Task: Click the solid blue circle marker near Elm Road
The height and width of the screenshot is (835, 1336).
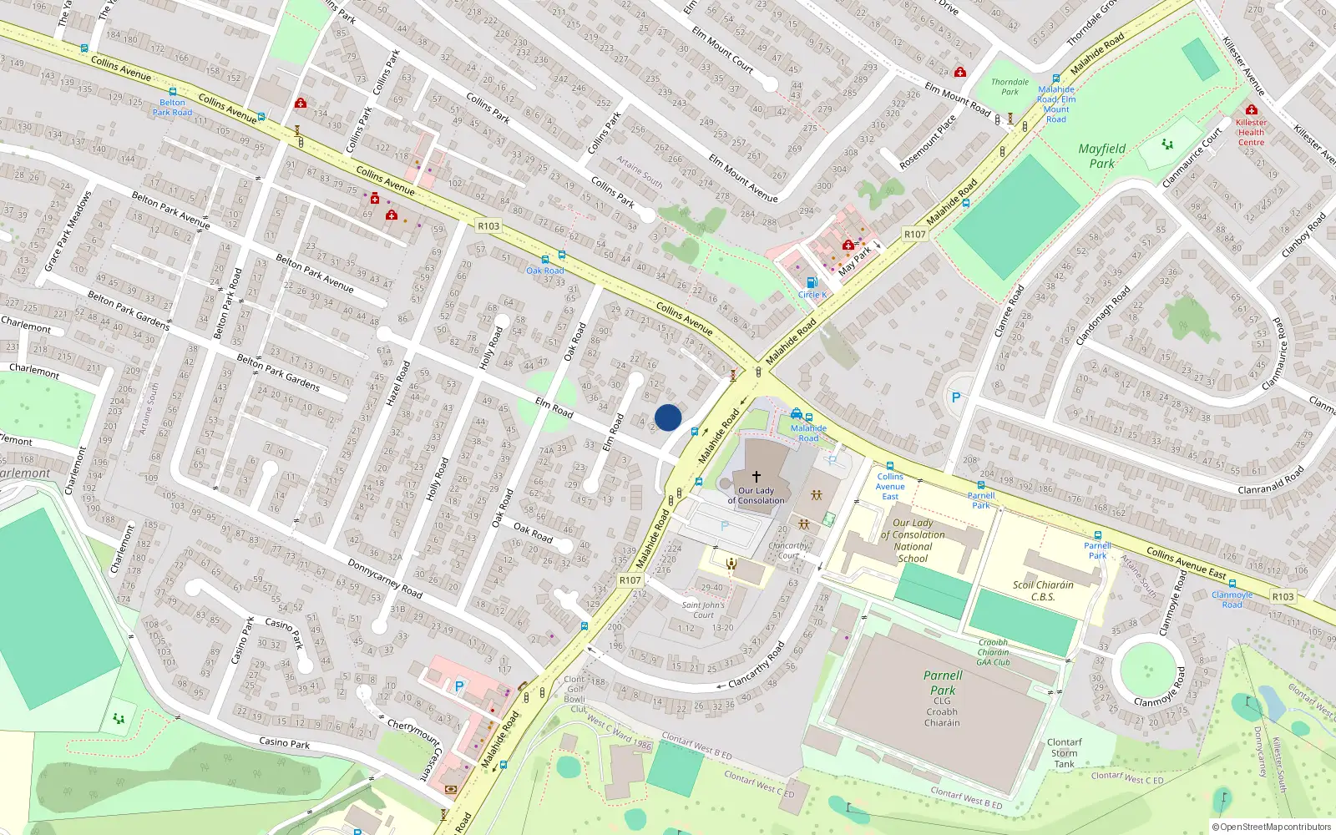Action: click(668, 417)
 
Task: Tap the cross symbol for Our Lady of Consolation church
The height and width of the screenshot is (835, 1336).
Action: click(757, 477)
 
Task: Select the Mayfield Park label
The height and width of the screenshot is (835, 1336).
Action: click(1102, 156)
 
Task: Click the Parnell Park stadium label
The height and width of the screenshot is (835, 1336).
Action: click(943, 683)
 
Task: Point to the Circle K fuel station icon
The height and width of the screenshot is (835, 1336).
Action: click(811, 282)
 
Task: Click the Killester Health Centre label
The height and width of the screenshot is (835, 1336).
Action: click(1251, 132)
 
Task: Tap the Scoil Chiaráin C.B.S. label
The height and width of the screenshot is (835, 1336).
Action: click(1043, 590)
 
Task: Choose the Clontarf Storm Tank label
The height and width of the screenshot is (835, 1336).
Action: click(1065, 752)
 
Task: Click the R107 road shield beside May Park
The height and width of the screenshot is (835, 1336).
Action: click(915, 235)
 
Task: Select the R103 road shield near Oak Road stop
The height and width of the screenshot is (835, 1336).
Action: click(488, 226)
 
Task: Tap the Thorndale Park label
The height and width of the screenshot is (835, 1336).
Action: click(1010, 87)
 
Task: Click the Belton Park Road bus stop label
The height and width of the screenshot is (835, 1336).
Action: click(172, 108)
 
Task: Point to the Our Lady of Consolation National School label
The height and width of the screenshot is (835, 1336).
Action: click(913, 540)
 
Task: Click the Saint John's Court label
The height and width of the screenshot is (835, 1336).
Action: click(703, 610)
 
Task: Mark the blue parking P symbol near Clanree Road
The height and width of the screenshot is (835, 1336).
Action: click(956, 398)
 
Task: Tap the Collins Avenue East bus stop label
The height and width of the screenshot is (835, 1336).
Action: click(890, 486)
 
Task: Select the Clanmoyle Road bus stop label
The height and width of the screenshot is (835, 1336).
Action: click(1232, 600)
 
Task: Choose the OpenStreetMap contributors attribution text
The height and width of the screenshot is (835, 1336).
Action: click(1273, 827)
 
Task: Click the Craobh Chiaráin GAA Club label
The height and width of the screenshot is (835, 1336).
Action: click(994, 652)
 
